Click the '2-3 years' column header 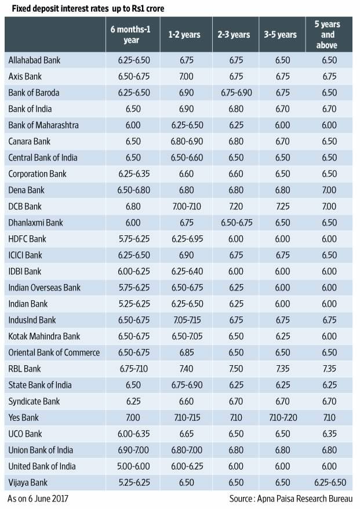234,35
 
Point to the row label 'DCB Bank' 26,206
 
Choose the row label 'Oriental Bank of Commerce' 54,352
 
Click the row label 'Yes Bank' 24,417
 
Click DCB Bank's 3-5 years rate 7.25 281,206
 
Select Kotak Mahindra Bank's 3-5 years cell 281,336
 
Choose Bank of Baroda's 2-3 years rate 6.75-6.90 234,93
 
